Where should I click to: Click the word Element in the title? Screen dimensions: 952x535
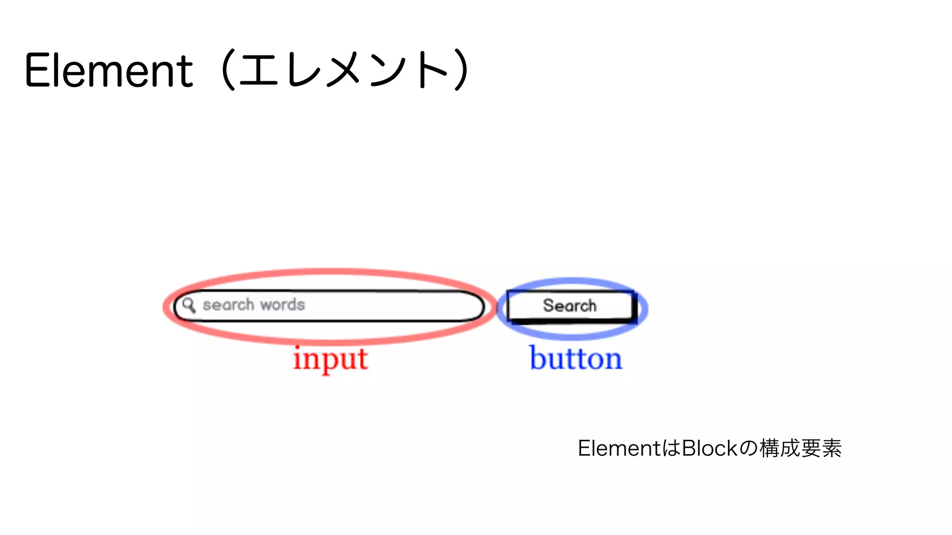[x=109, y=71]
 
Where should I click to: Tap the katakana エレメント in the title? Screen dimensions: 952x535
[x=343, y=70]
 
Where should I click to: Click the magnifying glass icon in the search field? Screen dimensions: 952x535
[x=189, y=305]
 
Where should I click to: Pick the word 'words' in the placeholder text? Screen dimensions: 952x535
[x=283, y=305]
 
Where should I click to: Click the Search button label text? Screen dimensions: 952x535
[x=569, y=306]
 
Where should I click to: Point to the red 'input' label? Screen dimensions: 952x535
[x=331, y=359]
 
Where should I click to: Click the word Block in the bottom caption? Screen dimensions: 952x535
[x=709, y=448]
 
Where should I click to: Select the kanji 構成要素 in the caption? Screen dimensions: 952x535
[x=800, y=448]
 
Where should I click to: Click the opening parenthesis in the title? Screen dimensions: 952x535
[x=228, y=70]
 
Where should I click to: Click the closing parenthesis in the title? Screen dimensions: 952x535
[x=461, y=70]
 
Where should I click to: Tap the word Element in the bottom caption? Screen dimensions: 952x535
[x=619, y=448]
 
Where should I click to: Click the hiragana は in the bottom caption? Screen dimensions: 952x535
[x=671, y=448]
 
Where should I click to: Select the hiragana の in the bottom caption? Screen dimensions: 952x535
[x=748, y=448]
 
